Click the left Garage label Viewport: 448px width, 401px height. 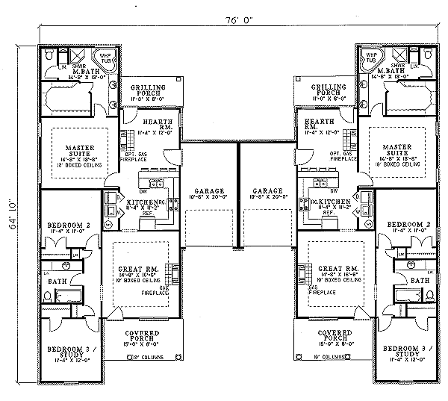(208, 191)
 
